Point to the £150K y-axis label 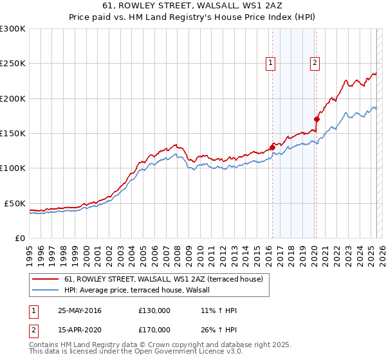tap(13, 134)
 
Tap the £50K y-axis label tap(15, 203)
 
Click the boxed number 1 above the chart tap(270, 63)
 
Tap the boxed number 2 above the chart tap(315, 63)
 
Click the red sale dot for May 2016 tap(272, 147)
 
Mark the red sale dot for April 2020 tap(317, 119)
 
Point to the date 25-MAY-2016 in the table tap(80, 310)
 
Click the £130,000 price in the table tap(154, 310)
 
